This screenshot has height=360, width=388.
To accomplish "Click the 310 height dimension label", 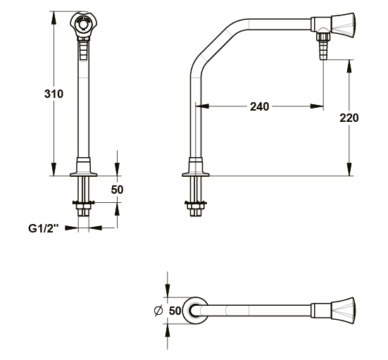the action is [54, 94].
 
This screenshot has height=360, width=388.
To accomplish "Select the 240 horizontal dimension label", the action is [259, 106].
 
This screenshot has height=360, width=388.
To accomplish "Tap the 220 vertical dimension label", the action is [349, 118].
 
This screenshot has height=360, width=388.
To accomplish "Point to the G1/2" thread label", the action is [44, 228].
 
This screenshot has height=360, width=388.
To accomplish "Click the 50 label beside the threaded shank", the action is [117, 190].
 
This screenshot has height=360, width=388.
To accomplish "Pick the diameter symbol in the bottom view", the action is [158, 310].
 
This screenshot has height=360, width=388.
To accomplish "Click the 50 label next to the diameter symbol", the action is [175, 311].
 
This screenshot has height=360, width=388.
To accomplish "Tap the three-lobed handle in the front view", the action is [83, 23].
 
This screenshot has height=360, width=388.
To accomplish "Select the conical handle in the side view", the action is [343, 24].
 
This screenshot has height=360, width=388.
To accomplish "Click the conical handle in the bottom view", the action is [343, 311].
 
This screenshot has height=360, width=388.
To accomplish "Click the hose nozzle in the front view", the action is [83, 49].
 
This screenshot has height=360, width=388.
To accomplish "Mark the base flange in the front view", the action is [83, 167].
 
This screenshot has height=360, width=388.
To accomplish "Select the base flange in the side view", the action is [196, 167].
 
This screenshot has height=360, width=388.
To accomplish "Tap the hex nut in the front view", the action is [83, 206].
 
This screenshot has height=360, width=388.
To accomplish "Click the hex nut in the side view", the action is [196, 206].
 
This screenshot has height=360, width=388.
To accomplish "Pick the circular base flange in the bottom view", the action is [196, 311].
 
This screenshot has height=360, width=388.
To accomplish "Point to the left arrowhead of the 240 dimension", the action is [202, 106].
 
